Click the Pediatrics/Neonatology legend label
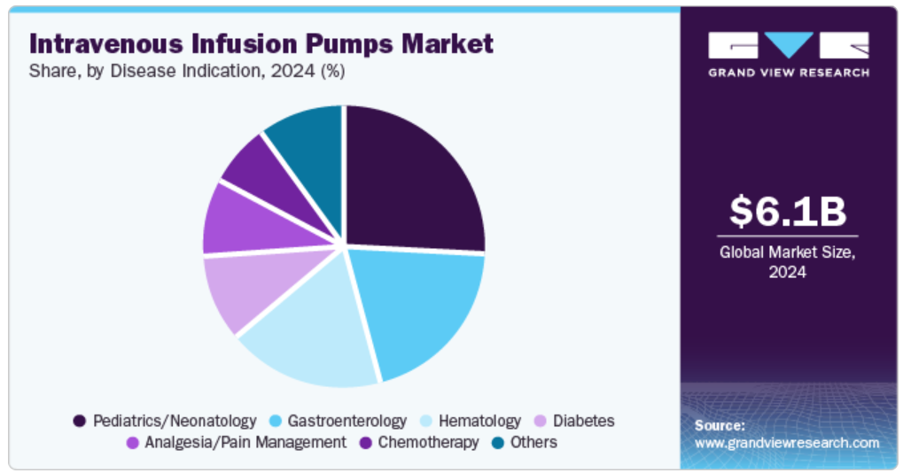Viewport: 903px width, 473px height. (175, 422)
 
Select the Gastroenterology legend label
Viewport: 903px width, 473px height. (346, 422)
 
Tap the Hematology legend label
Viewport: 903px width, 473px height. (479, 422)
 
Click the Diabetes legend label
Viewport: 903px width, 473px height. (583, 421)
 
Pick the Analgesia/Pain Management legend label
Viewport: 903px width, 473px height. (245, 443)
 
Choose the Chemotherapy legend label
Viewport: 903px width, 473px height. (428, 443)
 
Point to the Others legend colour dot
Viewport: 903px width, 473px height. (498, 443)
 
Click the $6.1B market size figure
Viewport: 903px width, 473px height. (788, 211)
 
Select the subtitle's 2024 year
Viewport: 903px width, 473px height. (292, 71)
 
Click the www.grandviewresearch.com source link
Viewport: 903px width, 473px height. (787, 443)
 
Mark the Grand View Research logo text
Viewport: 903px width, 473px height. (789, 73)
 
